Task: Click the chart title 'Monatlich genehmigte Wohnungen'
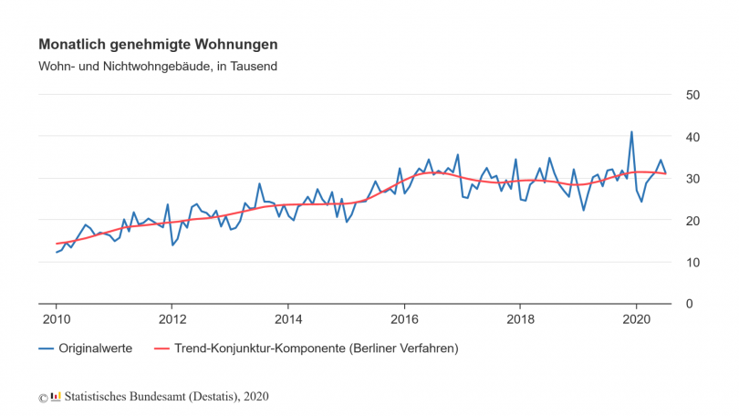[x=158, y=44]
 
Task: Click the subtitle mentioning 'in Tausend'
[x=158, y=67]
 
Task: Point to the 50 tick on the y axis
[x=692, y=95]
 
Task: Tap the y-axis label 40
[x=692, y=137]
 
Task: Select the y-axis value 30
[x=692, y=179]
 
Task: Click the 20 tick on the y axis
[x=692, y=221]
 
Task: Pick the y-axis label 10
[x=692, y=263]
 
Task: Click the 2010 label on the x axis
[x=56, y=319]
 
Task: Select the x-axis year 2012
[x=172, y=319]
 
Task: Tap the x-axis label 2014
[x=287, y=319]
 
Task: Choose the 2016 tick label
[x=403, y=319]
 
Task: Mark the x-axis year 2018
[x=519, y=319]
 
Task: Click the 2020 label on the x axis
[x=635, y=319]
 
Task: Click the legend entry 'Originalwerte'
[x=96, y=348]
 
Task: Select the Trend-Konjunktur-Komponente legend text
[x=316, y=348]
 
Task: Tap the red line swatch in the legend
[x=161, y=348]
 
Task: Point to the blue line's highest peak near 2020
[x=631, y=132]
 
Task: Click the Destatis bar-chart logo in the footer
[x=55, y=396]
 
